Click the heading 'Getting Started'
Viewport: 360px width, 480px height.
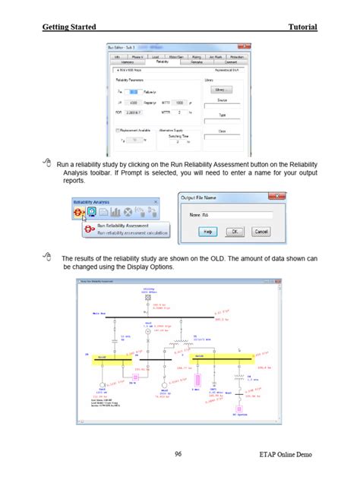click(69, 27)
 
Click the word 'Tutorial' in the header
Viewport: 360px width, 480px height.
click(302, 27)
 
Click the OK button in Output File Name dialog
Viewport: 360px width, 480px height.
click(236, 231)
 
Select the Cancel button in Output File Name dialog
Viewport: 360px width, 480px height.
click(261, 231)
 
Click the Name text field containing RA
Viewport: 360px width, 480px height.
click(236, 216)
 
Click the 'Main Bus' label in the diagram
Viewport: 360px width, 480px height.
click(99, 312)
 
